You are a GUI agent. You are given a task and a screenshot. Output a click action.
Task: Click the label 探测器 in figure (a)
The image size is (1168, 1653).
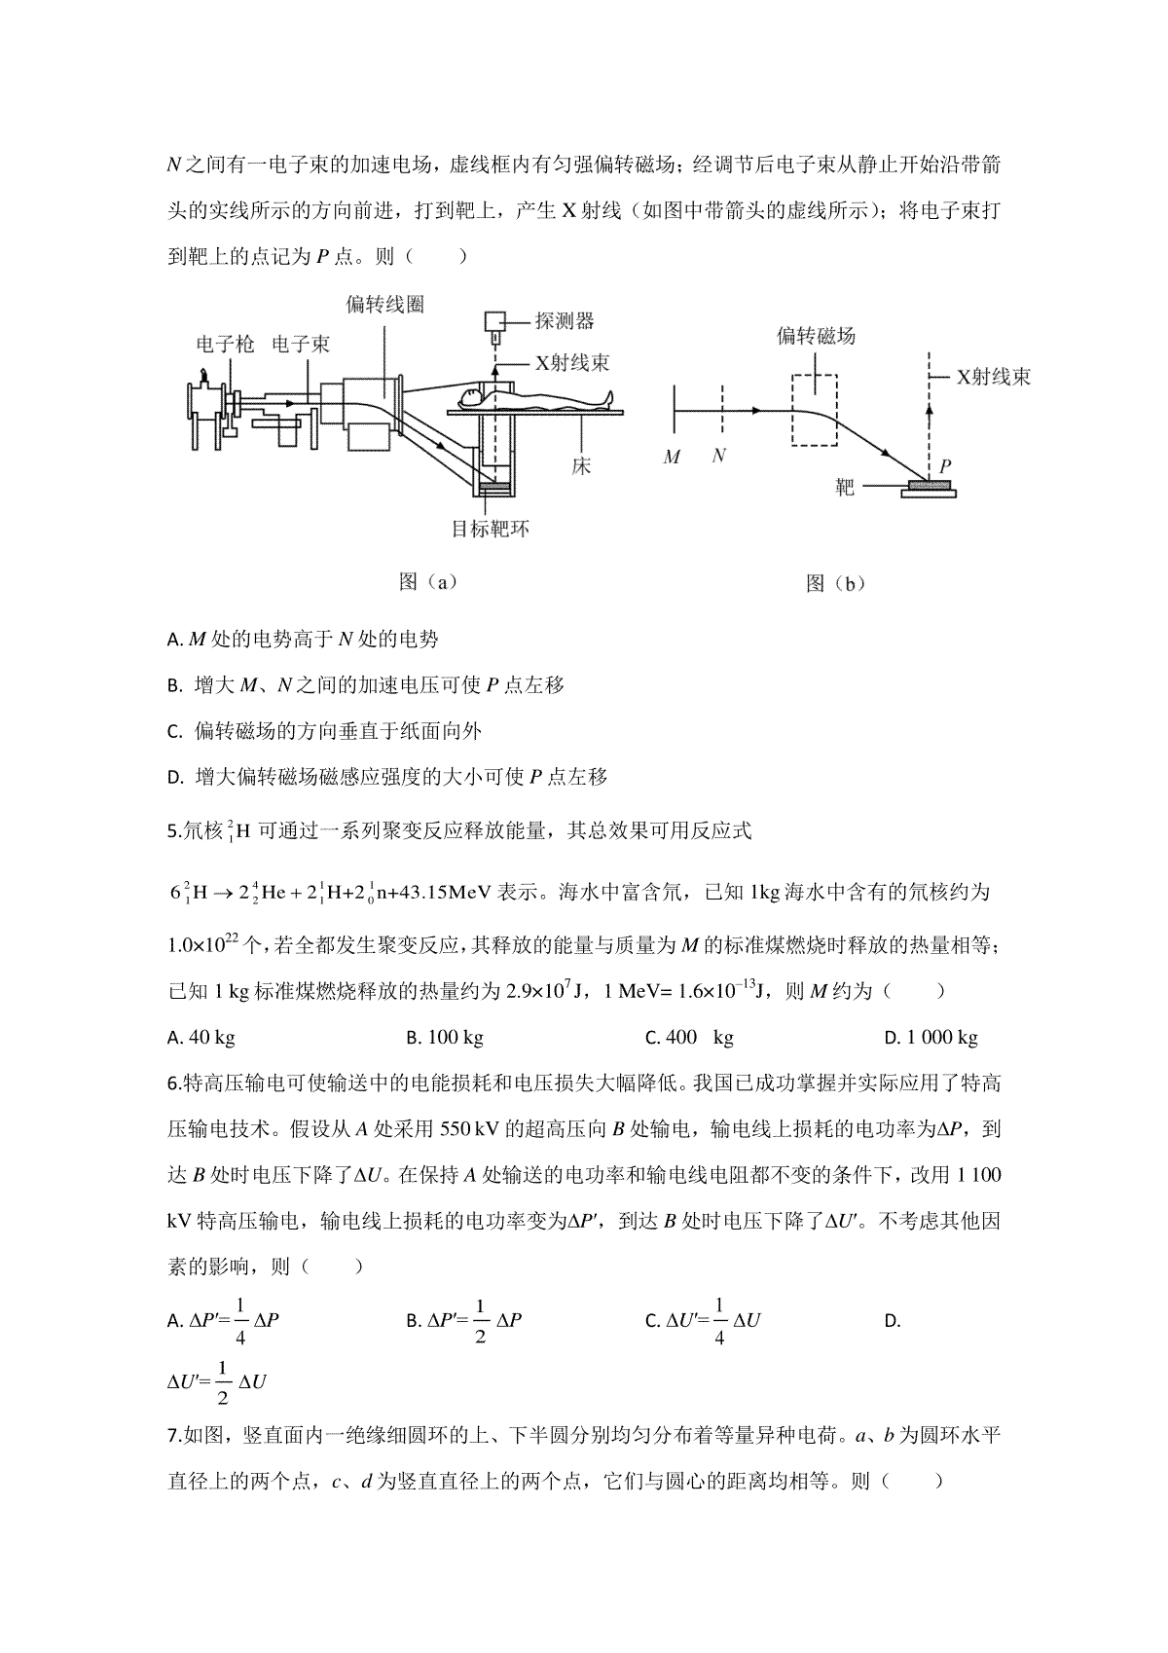point(565,321)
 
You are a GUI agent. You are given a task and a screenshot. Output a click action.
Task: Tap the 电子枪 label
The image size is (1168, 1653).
point(225,344)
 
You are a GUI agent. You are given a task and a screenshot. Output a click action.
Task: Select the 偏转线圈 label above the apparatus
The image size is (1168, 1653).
point(385,305)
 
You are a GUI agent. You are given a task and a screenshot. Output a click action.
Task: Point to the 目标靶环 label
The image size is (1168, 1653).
point(491,529)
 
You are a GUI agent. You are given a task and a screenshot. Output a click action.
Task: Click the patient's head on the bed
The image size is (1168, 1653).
point(469,400)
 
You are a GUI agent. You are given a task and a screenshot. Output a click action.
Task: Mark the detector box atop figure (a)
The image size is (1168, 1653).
point(494,322)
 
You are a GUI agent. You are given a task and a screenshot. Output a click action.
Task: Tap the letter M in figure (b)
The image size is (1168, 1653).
point(672,458)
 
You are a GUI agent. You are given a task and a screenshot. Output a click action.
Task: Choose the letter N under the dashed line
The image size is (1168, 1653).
point(719,456)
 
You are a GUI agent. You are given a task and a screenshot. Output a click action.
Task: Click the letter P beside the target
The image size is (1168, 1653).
point(945,465)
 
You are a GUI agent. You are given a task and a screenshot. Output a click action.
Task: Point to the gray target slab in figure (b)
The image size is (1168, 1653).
point(929,485)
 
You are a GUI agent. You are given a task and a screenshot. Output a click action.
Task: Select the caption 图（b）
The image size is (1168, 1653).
point(835,584)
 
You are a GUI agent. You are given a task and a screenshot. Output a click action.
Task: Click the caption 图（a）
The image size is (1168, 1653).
point(428,582)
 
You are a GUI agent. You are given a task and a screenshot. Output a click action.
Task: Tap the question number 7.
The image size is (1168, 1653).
point(174,1435)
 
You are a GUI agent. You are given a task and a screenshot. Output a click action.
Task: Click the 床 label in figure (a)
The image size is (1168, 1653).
point(581,465)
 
